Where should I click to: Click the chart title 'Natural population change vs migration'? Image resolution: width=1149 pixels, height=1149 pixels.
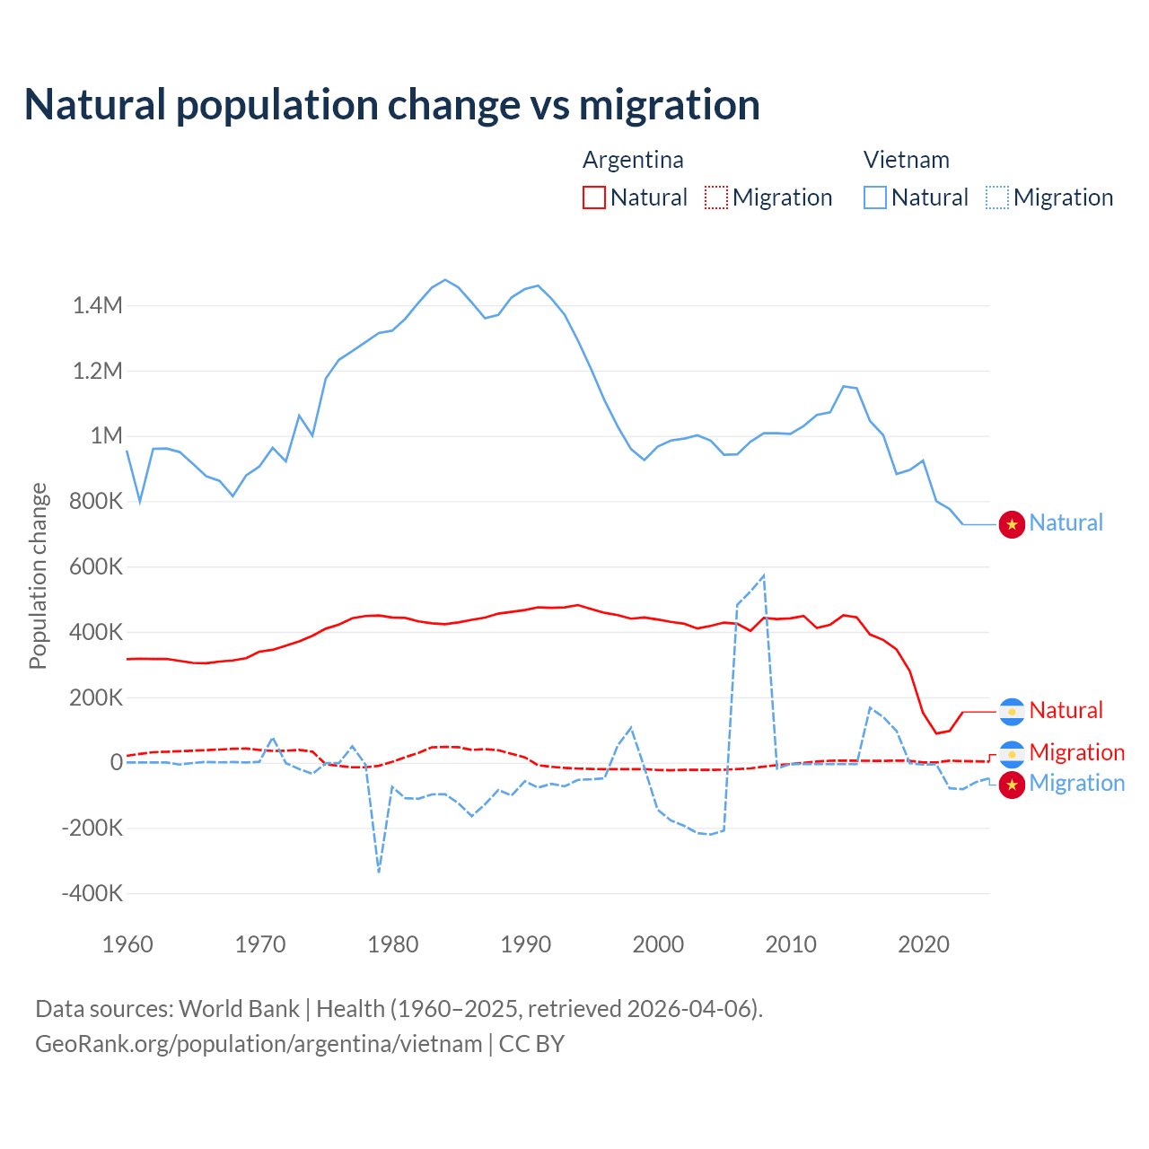392,105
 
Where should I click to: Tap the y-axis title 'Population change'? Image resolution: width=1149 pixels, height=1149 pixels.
38,575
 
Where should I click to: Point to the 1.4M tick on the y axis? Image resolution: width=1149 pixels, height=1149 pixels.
98,306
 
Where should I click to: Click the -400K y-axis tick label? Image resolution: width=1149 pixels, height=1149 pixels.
92,894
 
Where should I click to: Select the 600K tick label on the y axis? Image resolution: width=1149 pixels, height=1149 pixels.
96,567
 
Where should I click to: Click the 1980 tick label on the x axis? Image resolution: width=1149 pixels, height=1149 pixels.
393,944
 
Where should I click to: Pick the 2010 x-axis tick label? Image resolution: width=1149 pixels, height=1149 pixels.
791,944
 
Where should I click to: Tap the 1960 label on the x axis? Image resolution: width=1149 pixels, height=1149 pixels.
127,944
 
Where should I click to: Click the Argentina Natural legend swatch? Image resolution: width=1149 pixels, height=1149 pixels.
594,197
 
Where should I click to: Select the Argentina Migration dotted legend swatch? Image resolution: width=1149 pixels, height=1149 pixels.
716,197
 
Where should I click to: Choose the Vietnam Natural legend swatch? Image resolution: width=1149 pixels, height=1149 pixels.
875,197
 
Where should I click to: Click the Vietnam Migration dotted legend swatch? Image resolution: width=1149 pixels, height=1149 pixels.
997,197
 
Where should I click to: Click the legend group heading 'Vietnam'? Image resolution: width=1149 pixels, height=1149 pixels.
906,160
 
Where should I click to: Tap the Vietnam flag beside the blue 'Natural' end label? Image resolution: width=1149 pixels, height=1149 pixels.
1012,524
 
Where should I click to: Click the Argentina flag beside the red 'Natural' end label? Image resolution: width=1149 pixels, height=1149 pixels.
1012,712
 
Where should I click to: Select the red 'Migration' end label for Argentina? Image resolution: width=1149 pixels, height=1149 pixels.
1076,752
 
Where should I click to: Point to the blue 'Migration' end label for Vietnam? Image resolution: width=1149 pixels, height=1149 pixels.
1076,783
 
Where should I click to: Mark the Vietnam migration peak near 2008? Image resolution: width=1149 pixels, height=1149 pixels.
764,575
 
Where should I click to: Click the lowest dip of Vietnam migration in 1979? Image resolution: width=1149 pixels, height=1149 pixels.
379,872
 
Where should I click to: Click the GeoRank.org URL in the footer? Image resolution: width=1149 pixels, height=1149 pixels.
259,1044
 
